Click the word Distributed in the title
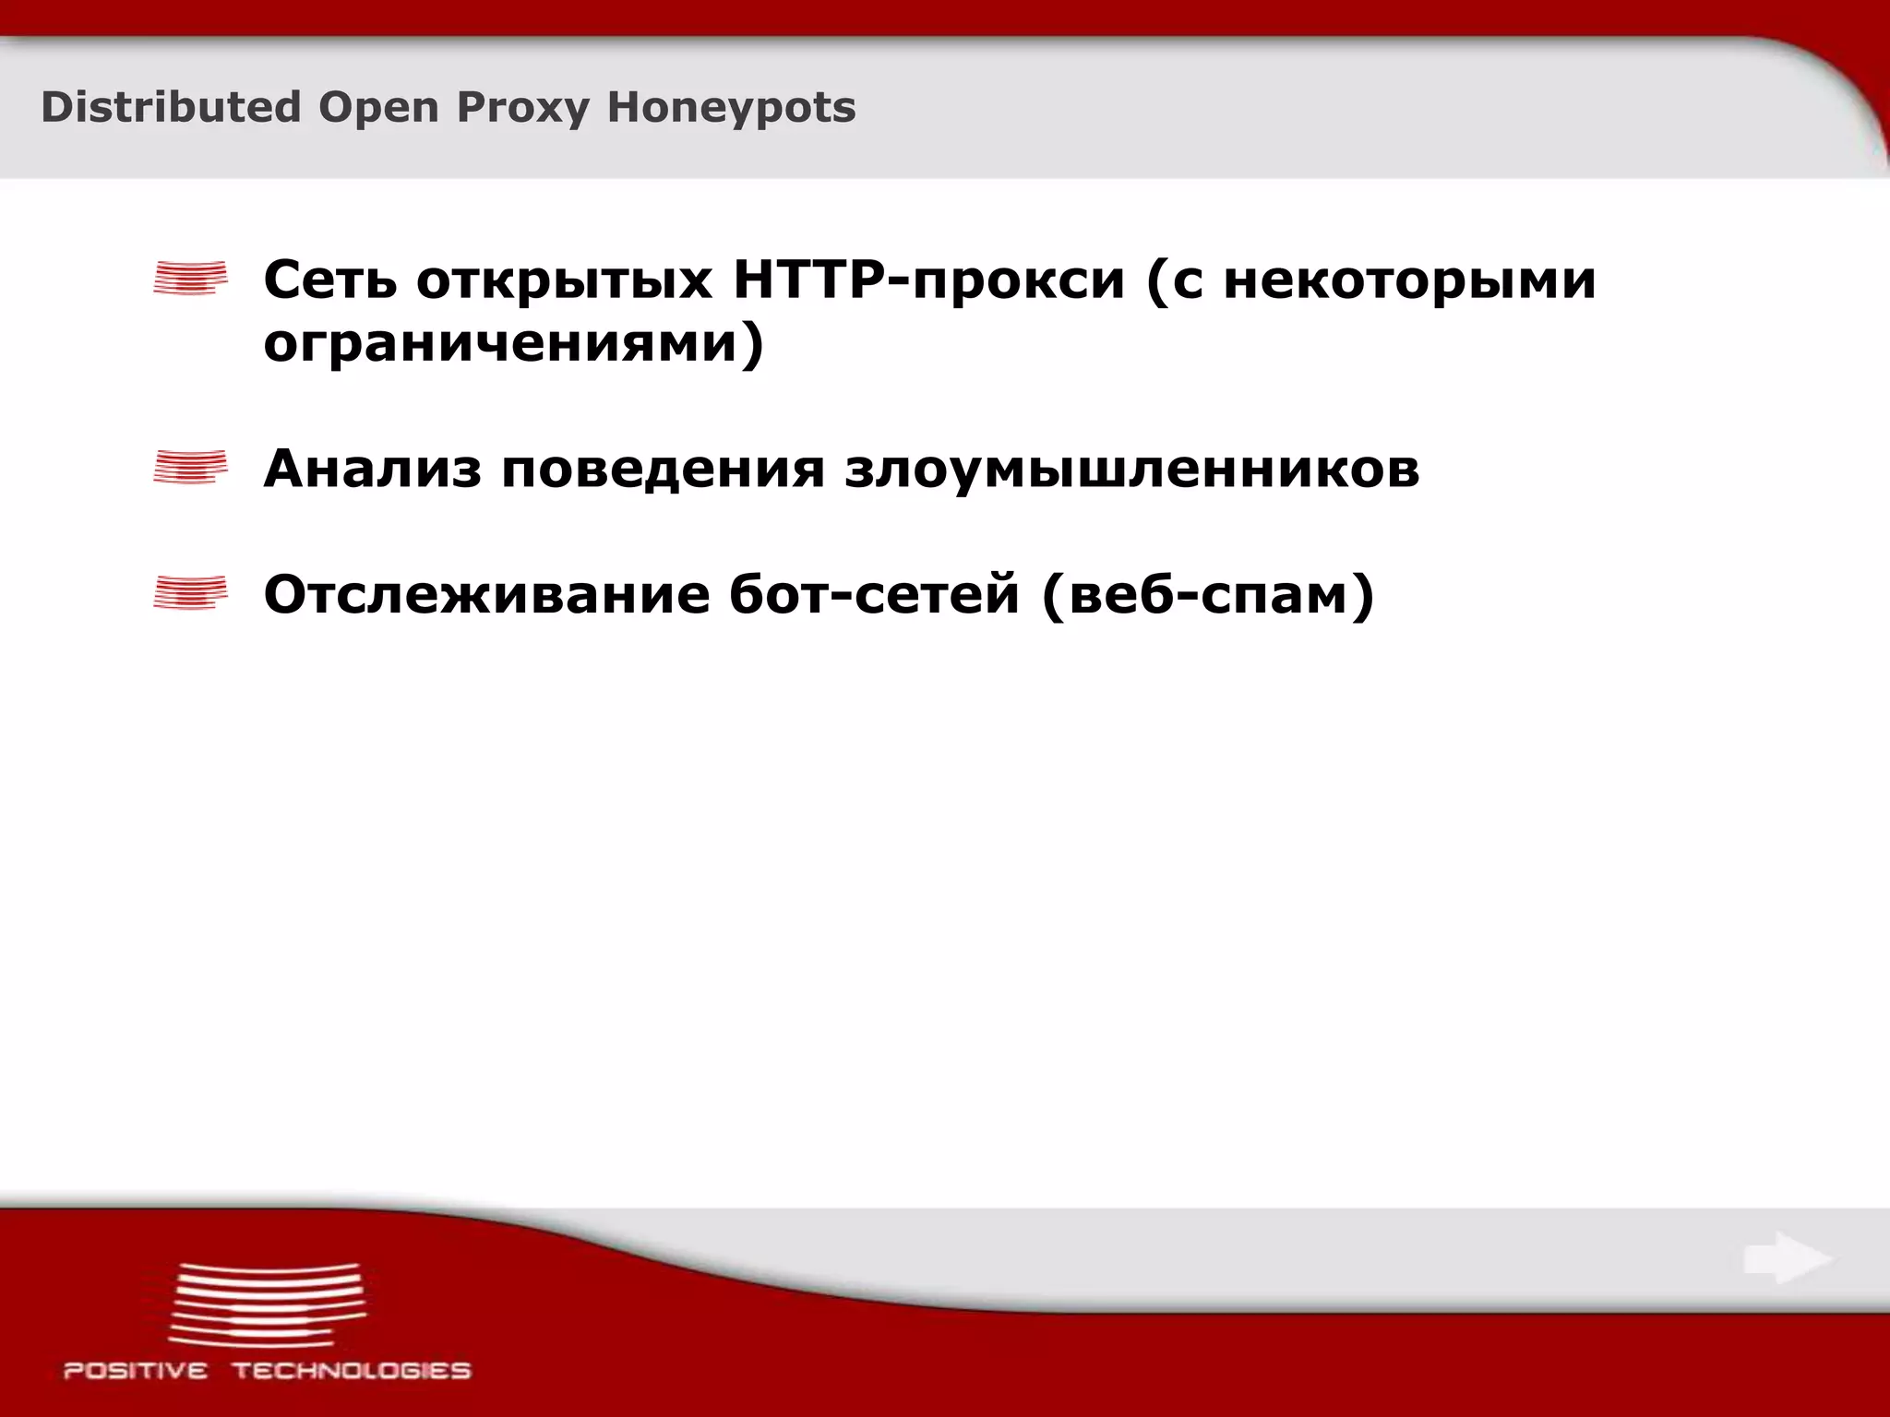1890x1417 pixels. pyautogui.click(x=171, y=107)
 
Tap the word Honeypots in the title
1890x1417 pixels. pyautogui.click(x=731, y=109)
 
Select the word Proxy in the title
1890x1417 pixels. pyautogui.click(x=522, y=109)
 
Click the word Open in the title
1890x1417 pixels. pyautogui.click(x=378, y=109)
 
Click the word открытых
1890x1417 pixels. pyautogui.click(x=564, y=280)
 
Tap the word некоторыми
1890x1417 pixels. pyautogui.click(x=1409, y=280)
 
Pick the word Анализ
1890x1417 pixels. pyautogui.click(x=372, y=469)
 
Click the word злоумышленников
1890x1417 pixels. pyautogui.click(x=1131, y=469)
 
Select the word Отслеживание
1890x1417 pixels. pyautogui.click(x=486, y=595)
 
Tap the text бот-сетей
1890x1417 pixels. pyautogui.click(x=874, y=595)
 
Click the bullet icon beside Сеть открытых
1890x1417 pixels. pyautogui.click(x=190, y=278)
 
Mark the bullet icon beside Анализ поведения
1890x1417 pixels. pyautogui.click(x=190, y=467)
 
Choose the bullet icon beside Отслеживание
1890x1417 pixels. pyautogui.click(x=190, y=593)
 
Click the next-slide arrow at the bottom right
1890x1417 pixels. pyautogui.click(x=1787, y=1258)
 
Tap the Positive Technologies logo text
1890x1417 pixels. pyautogui.click(x=267, y=1371)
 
